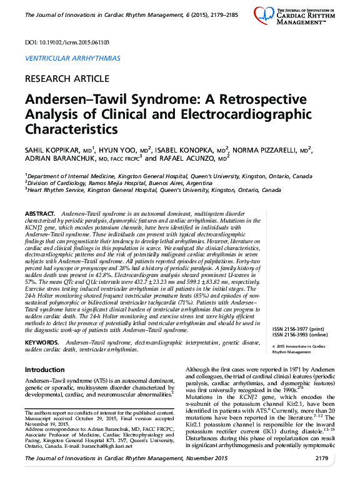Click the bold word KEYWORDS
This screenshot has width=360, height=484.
(x=42, y=344)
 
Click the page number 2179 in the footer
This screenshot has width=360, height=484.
(x=321, y=476)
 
